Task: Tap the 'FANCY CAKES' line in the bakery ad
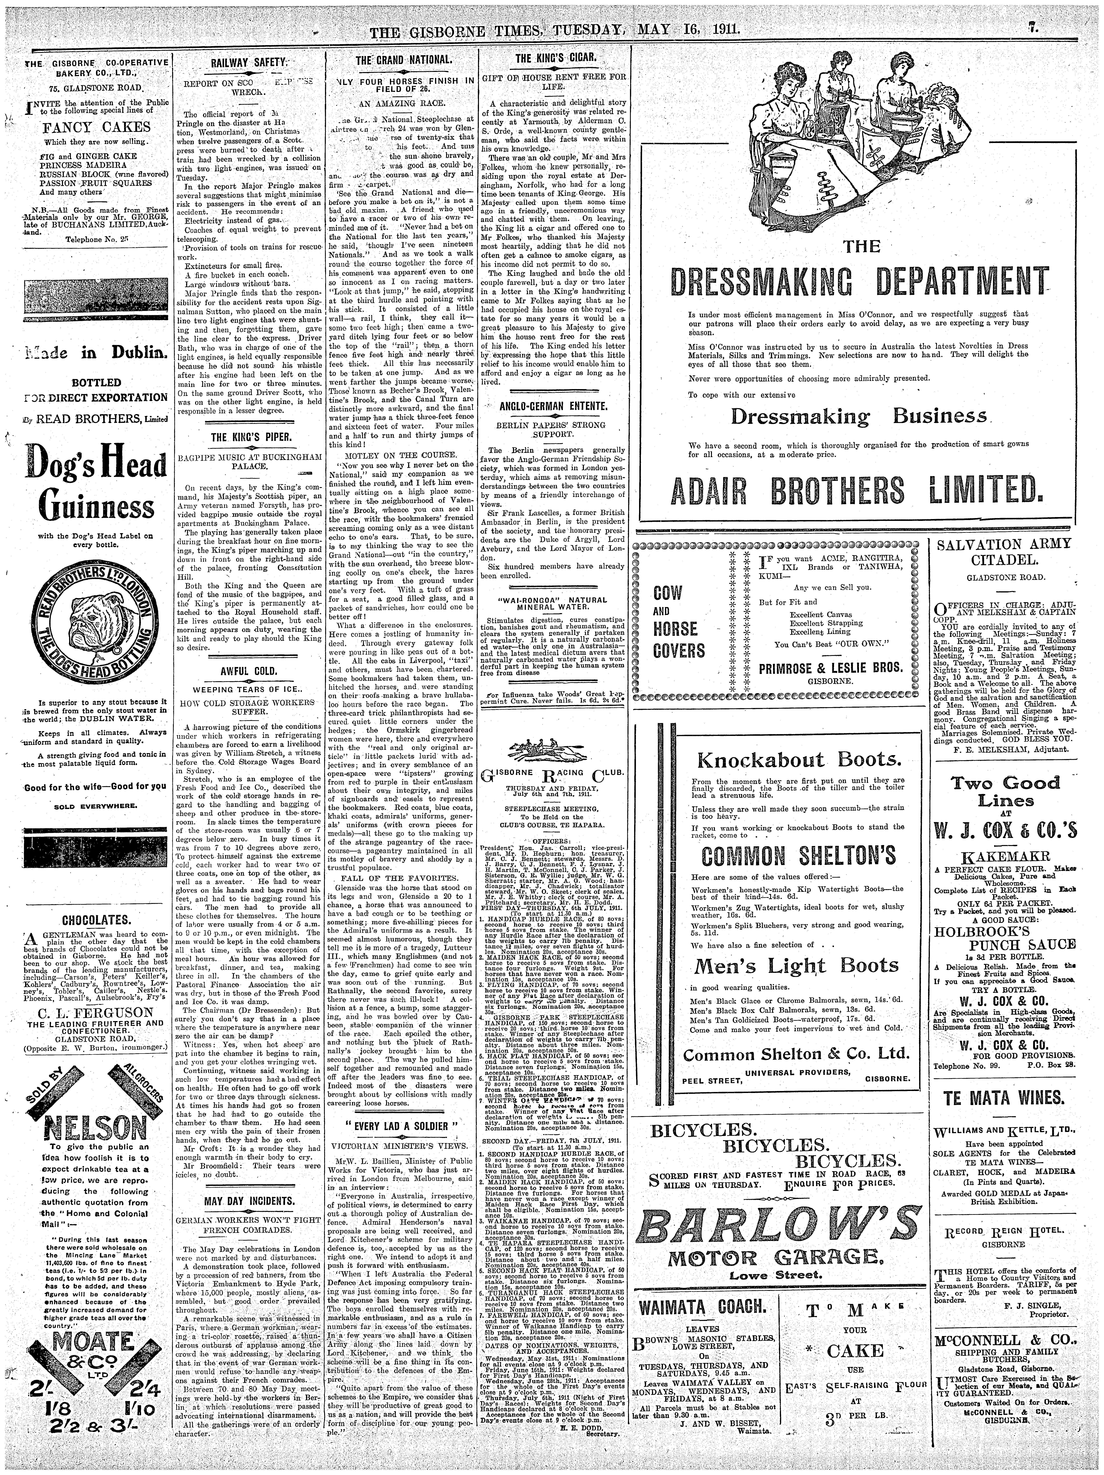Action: tap(98, 127)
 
